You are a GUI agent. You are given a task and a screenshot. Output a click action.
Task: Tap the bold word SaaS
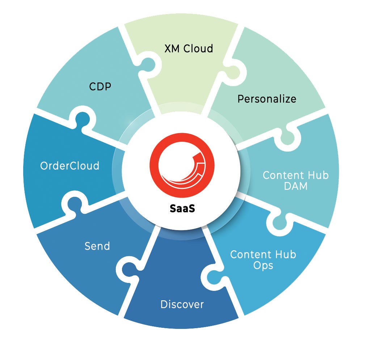(x=182, y=209)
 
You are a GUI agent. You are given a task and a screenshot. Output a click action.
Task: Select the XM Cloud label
(x=189, y=48)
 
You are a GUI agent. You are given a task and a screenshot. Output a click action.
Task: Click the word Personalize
(x=267, y=98)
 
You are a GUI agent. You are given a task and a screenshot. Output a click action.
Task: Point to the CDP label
(x=100, y=87)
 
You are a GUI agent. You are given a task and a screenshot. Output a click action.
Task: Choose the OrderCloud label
(x=70, y=166)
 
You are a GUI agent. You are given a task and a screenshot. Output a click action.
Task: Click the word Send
(x=97, y=246)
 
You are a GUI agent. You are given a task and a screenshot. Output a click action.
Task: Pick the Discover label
(x=182, y=304)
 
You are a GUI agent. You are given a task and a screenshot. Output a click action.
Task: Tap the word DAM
(x=295, y=187)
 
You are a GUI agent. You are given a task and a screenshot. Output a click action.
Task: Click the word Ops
(x=263, y=265)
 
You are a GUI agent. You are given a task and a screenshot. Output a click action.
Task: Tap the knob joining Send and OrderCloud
(x=73, y=203)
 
